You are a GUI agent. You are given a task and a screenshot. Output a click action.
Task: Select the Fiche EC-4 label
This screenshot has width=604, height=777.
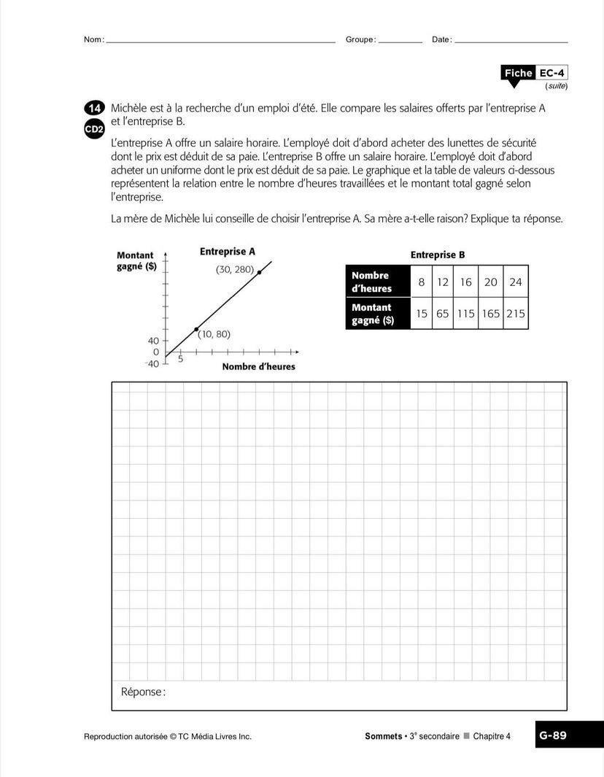pos(534,73)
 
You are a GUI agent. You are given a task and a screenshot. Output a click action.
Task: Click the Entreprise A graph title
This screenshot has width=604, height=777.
pos(228,252)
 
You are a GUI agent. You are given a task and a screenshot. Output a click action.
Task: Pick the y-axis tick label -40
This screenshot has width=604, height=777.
pos(152,364)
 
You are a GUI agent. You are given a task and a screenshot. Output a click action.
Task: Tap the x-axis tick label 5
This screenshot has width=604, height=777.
pos(181,359)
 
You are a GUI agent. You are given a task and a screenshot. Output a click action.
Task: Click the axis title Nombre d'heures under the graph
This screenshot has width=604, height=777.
pos(258,366)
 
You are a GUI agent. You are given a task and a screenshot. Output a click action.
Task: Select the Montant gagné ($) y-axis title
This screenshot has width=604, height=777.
pos(136,260)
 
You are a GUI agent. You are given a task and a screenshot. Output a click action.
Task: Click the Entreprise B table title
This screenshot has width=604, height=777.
pos(437,255)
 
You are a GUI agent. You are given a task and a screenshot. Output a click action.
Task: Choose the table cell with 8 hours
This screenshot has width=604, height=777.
pos(422,282)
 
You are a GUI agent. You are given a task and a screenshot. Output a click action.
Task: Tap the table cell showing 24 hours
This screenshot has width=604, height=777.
pos(515,282)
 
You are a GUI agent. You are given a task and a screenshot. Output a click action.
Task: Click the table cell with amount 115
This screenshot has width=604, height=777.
pos(465,314)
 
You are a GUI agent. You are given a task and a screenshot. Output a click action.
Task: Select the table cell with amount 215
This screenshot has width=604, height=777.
pos(515,314)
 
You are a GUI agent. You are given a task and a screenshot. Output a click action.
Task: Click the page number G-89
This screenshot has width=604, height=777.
pos(553,735)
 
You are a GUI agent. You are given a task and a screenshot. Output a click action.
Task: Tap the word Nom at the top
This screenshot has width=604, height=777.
pos(93,39)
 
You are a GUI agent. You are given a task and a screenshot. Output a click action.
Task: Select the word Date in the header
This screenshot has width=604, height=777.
pos(441,39)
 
